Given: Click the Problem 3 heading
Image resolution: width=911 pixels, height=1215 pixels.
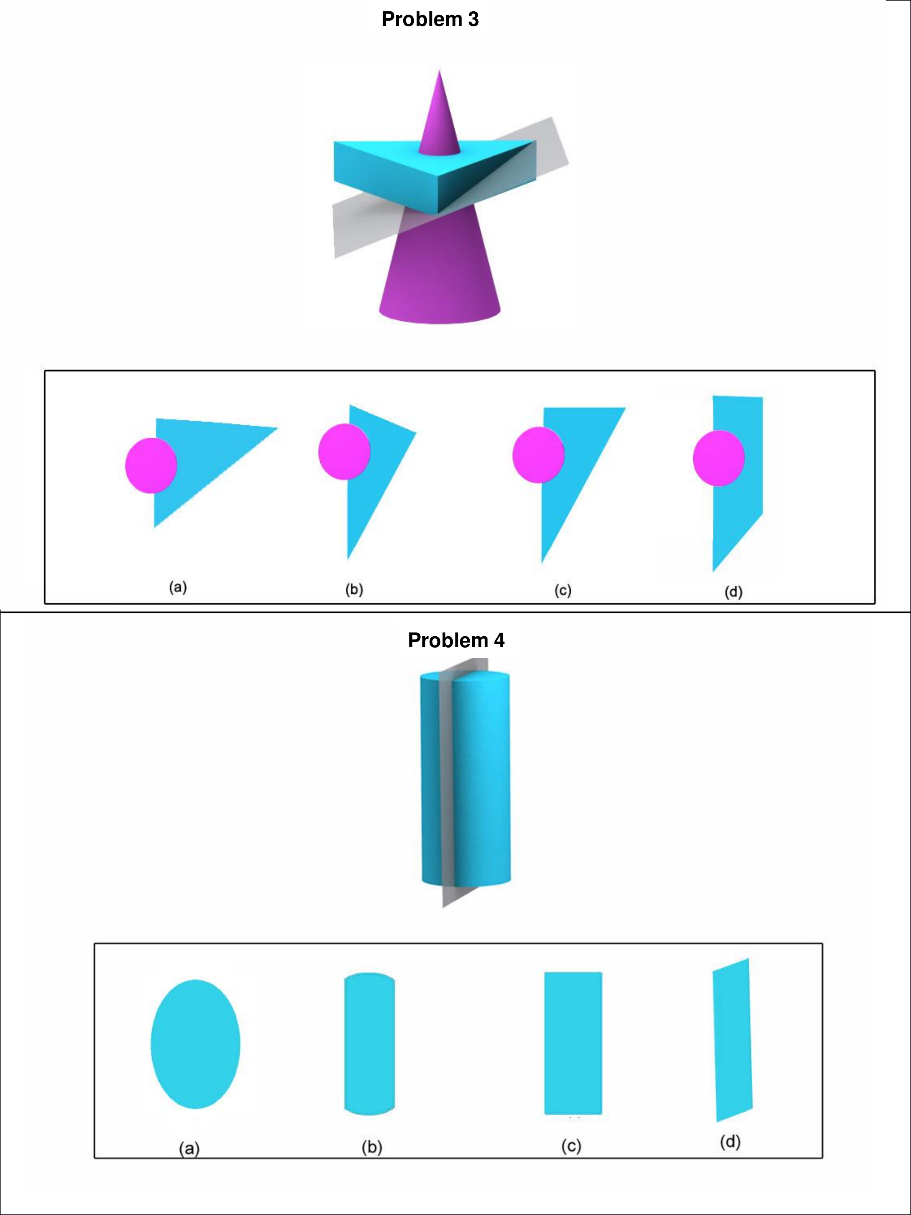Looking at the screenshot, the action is click(x=430, y=19).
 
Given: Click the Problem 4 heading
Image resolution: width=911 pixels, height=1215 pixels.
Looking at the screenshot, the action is click(x=456, y=640).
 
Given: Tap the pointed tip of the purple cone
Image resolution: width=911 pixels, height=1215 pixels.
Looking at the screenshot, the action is click(x=439, y=70).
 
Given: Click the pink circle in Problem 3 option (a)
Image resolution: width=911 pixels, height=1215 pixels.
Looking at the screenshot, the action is click(x=151, y=465).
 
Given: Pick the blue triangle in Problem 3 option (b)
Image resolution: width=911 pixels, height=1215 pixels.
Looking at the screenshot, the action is click(x=373, y=472).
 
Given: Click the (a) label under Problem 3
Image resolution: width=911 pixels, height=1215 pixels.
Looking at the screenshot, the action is click(x=178, y=587).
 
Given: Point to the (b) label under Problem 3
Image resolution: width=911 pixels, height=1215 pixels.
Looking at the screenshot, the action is click(x=354, y=589).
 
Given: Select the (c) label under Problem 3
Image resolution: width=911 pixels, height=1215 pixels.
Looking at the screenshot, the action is click(x=563, y=590).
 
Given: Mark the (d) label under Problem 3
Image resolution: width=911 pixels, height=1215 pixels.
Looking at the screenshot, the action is click(x=734, y=592).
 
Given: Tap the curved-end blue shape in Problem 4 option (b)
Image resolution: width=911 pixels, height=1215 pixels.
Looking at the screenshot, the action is click(x=370, y=1044).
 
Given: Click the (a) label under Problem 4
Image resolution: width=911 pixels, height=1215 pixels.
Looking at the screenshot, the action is click(x=189, y=1148).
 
